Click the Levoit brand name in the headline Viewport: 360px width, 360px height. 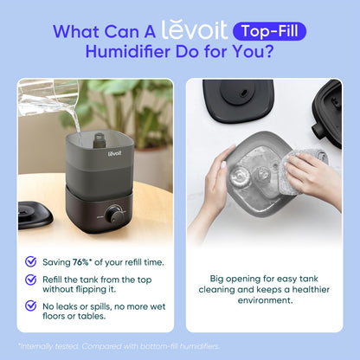(x=195, y=32)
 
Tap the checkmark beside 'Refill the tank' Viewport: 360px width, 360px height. (x=31, y=280)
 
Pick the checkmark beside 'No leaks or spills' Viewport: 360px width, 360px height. (x=31, y=307)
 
